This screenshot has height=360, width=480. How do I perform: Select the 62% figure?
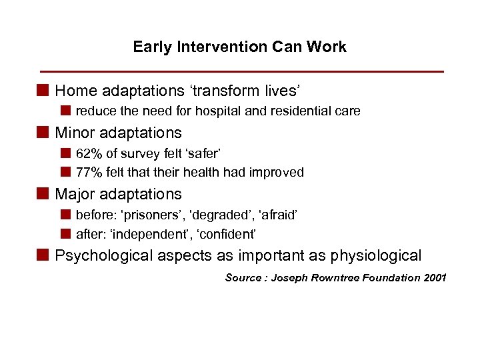pyautogui.click(x=89, y=154)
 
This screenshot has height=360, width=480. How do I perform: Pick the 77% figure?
pyautogui.click(x=89, y=173)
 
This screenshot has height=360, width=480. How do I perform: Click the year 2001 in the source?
pyautogui.click(x=435, y=277)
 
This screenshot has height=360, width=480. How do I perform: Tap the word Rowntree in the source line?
pyautogui.click(x=339, y=277)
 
